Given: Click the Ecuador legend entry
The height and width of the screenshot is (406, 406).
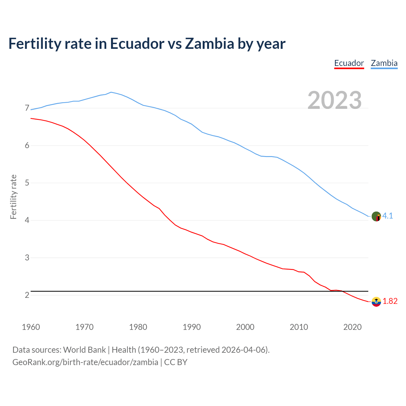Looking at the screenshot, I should [349, 63].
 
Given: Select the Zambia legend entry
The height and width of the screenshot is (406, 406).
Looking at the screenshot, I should [384, 63].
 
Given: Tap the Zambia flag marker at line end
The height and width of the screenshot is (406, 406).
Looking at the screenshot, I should [376, 216].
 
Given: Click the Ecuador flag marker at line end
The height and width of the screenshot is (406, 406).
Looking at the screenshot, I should [376, 302].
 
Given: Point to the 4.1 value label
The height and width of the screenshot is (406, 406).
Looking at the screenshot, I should [388, 216].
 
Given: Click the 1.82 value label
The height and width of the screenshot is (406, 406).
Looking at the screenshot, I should [390, 301].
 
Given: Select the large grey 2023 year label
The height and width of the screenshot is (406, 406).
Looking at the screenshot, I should [335, 100].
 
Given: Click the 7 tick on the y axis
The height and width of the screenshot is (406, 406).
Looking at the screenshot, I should [27, 108].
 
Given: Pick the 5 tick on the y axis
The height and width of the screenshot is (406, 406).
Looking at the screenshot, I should [27, 183].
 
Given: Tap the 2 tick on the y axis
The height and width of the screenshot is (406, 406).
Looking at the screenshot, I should [27, 295].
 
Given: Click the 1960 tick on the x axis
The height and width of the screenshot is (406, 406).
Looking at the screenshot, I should [31, 327].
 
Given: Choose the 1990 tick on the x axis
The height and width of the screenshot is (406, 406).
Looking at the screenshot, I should [192, 327].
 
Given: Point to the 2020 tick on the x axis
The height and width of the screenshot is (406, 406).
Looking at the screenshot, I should [352, 327].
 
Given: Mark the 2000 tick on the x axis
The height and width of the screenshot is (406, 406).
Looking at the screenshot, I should [245, 327].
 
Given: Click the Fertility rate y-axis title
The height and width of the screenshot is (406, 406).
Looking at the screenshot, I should [13, 197].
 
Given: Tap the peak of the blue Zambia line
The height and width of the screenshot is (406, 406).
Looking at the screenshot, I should [111, 92].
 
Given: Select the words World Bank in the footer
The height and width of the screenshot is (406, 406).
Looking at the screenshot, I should [84, 350].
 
